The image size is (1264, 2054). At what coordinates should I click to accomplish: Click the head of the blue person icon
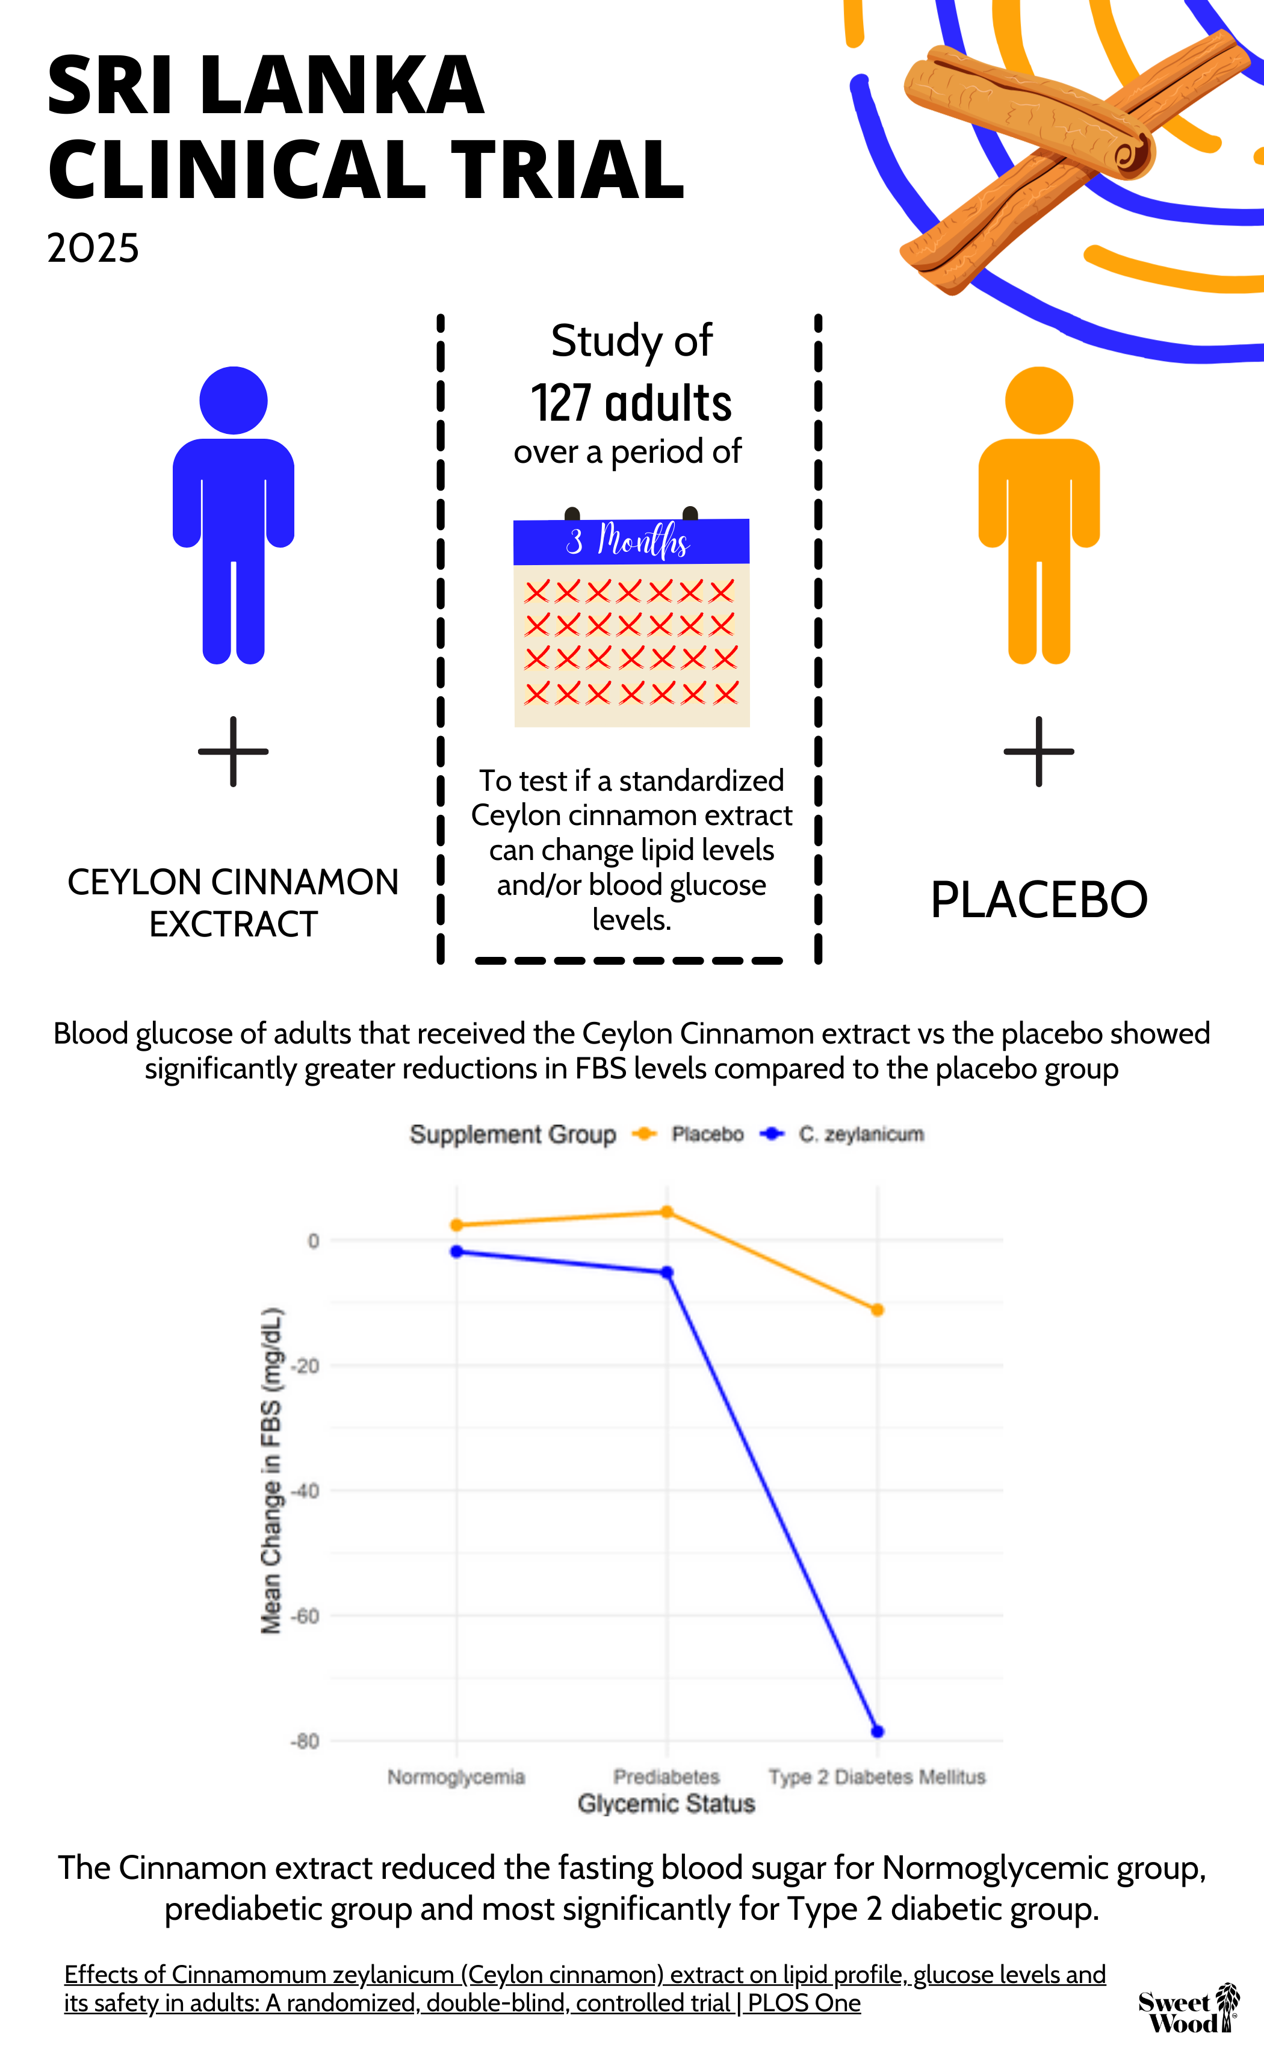click(234, 400)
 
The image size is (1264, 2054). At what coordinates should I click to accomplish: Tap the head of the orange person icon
click(1038, 400)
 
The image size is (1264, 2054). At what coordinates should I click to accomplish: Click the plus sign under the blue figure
click(234, 751)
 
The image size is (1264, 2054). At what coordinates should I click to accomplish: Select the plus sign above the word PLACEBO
click(1038, 751)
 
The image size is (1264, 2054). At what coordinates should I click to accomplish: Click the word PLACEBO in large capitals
click(1039, 900)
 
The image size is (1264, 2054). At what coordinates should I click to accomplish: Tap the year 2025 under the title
click(93, 248)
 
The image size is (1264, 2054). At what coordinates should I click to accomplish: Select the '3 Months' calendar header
click(631, 542)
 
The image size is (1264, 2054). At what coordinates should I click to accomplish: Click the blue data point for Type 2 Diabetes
click(877, 1731)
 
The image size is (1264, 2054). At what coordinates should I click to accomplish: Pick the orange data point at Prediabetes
click(666, 1211)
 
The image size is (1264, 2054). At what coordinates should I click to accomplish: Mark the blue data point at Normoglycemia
click(456, 1251)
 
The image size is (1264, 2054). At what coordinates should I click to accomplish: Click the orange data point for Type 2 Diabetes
click(877, 1310)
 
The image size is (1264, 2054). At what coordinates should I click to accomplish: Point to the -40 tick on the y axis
click(305, 1491)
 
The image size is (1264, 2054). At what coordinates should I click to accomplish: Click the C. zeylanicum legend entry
click(843, 1134)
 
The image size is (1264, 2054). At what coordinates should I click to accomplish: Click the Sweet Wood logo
click(1189, 2008)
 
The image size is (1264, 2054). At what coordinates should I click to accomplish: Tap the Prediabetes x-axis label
click(666, 1776)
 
